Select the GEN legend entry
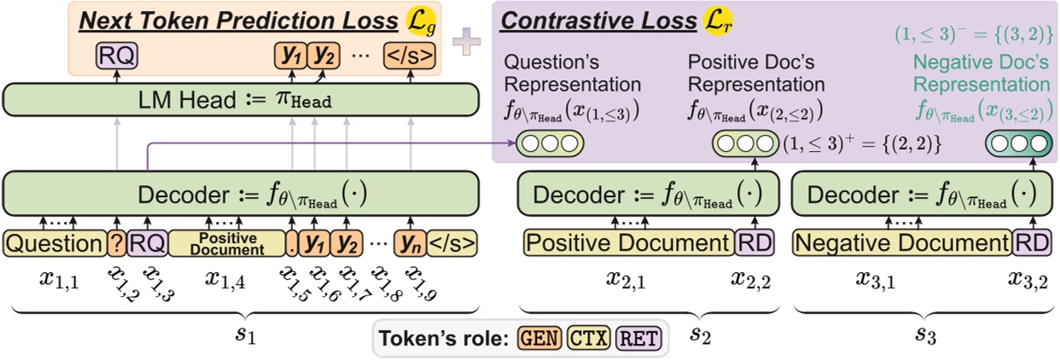tap(539, 339)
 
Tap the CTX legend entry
tap(588, 339)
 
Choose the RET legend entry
tap(638, 339)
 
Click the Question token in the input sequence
tap(53, 244)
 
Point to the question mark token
tap(116, 244)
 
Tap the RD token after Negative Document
tap(1030, 244)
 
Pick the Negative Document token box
tap(901, 244)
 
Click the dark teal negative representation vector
tap(1017, 144)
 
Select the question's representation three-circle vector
tap(549, 144)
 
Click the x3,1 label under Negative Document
tap(876, 278)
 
